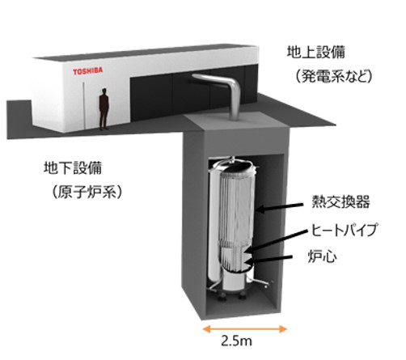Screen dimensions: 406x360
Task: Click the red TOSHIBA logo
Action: pos(87,71)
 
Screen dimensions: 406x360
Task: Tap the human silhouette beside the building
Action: pos(104,109)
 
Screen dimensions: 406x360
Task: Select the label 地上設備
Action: pos(315,53)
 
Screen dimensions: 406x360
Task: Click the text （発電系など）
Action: pos(333,76)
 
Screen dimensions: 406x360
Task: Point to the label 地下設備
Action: pos(73,167)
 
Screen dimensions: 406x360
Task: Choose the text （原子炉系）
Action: pos(87,192)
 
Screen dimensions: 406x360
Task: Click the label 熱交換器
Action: pos(340,201)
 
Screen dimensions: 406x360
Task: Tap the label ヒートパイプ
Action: pos(344,230)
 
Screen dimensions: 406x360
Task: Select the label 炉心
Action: pos(323,256)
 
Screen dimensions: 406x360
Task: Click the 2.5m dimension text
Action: pos(236,341)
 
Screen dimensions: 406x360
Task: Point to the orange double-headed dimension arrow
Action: pos(244,329)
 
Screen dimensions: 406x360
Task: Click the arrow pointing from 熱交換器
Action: pos(279,207)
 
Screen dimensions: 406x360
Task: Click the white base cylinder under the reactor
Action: pos(234,282)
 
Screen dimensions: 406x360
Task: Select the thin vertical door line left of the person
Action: pos(83,105)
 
